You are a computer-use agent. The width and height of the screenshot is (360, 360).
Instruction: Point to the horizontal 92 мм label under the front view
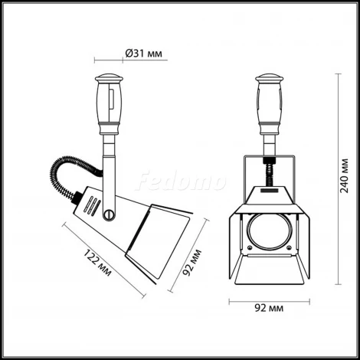coord(267,309)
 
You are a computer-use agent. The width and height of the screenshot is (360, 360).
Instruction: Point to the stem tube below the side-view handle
coord(109,157)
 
